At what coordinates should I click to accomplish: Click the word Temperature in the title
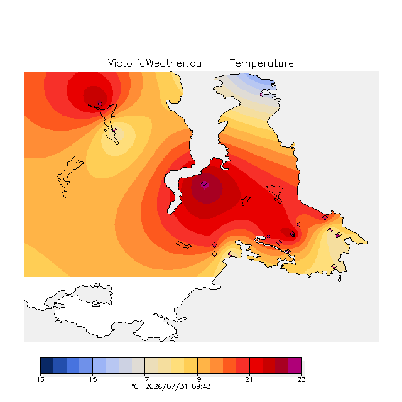point(261,63)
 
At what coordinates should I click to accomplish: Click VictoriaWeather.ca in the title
point(155,63)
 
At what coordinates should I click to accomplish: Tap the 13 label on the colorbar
point(40,379)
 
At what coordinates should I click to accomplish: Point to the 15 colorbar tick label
point(93,379)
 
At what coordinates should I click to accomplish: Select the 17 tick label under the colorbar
point(145,379)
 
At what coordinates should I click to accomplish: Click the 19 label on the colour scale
point(197,379)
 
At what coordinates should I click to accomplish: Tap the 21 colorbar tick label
point(249,379)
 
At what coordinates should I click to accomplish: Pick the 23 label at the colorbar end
point(301,379)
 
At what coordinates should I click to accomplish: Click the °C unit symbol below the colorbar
point(135,386)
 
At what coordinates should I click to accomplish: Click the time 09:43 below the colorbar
point(201,386)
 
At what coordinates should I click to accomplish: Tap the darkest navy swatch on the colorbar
point(47,366)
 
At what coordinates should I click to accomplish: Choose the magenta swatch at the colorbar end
point(295,366)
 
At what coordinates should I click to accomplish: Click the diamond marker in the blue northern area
point(261,94)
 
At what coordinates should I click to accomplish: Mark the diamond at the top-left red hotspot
point(100,104)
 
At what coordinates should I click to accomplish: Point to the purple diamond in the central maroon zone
point(204,184)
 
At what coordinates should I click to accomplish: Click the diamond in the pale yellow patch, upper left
point(114,130)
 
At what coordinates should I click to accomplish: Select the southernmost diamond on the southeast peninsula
point(334,266)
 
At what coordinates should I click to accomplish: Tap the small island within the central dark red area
point(246,201)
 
